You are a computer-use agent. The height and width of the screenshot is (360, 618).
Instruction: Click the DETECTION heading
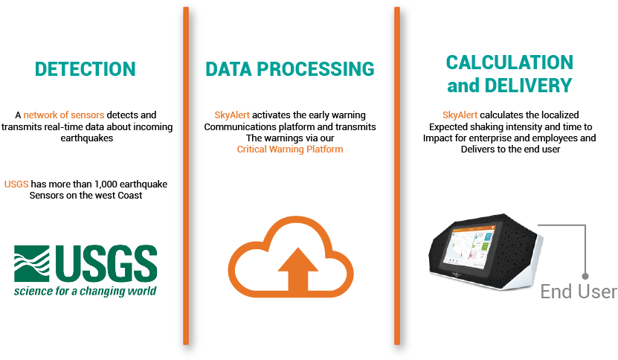[x=85, y=69]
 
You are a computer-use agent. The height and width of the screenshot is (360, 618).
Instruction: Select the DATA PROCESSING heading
[x=290, y=69]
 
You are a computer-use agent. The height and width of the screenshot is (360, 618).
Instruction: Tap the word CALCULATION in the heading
[x=509, y=62]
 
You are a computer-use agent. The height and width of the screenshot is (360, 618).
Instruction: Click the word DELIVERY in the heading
[x=528, y=86]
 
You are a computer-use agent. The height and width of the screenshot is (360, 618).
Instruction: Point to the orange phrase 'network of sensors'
[x=64, y=115]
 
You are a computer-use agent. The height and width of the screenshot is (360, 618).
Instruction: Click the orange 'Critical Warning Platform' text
[x=290, y=149]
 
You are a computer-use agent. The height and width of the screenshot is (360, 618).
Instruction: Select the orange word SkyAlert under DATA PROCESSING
[x=232, y=115]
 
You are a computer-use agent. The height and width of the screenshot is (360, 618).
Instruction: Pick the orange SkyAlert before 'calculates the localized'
[x=460, y=115]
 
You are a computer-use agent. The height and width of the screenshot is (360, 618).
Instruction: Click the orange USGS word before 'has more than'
[x=16, y=184]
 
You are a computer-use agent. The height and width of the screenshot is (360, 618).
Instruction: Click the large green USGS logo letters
[x=106, y=263]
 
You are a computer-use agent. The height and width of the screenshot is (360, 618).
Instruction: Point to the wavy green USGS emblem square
[x=32, y=263]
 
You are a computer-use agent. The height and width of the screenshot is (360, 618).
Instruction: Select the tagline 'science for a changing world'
[x=85, y=291]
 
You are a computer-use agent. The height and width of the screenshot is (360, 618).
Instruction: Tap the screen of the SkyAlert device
[x=471, y=245]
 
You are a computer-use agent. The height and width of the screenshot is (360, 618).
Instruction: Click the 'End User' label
[x=579, y=292]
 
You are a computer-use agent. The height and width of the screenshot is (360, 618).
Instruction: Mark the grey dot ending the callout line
[x=585, y=276]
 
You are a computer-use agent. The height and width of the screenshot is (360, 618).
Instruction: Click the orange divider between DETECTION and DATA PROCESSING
[x=186, y=176]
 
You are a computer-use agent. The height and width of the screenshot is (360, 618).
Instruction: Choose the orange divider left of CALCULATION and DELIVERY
[x=397, y=176]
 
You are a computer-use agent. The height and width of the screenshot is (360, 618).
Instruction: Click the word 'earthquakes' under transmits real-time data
[x=87, y=138]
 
